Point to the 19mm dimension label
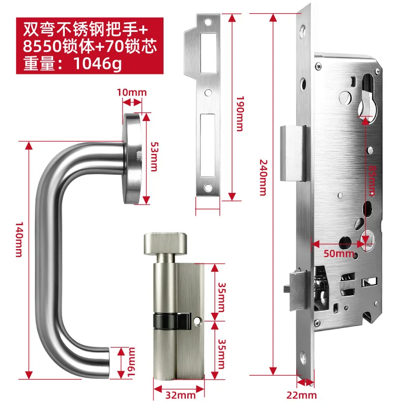(x=130, y=362)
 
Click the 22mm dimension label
(x=306, y=395)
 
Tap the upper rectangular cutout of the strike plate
(x=208, y=49)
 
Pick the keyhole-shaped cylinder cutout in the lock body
(x=366, y=101)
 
